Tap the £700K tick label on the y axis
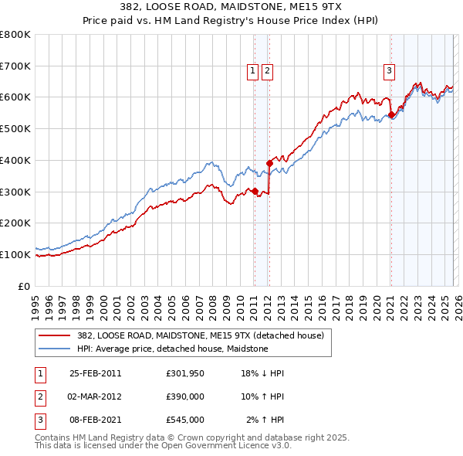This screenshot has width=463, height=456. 15,66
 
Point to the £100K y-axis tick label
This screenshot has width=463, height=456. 15,254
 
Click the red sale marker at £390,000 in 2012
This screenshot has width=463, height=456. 269,163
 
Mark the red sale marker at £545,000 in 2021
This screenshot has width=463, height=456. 391,115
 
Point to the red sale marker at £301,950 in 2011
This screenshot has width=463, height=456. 255,191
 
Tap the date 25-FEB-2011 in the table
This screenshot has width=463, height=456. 96,373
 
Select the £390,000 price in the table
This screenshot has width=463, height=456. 184,396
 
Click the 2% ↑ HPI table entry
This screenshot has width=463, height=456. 266,420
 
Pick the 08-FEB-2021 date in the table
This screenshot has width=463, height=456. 96,420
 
